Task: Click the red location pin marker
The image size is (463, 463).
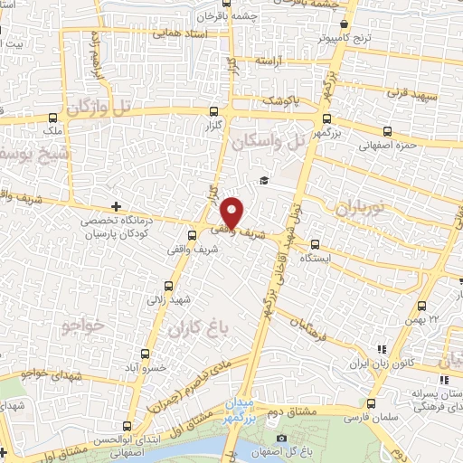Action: point(232,213)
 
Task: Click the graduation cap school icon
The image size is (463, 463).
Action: point(263,181)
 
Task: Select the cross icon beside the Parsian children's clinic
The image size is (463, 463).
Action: point(115,206)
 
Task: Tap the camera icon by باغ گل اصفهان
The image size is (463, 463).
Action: point(281,439)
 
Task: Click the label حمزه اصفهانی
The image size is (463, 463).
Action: point(386,144)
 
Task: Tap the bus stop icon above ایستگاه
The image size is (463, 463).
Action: point(315,243)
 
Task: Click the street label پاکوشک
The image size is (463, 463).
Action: point(280,101)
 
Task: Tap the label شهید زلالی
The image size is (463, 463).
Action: point(172,298)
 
